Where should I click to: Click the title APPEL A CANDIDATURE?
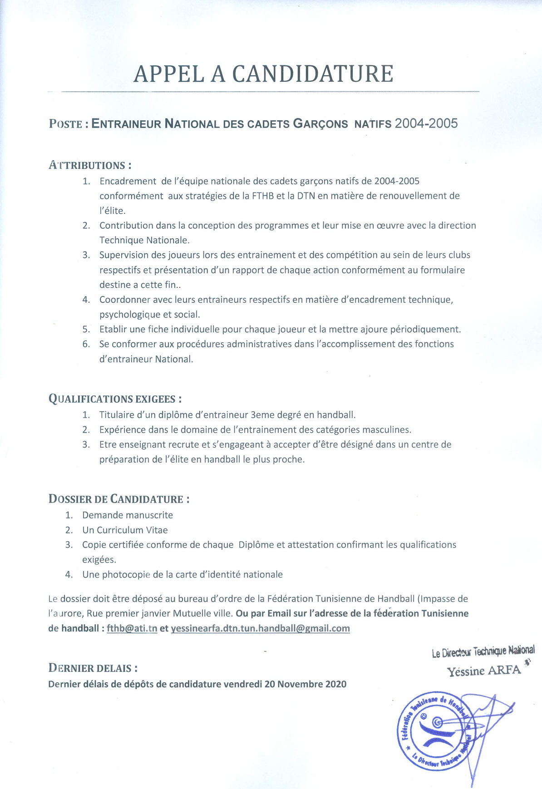click(263, 74)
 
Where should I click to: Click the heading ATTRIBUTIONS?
click(90, 165)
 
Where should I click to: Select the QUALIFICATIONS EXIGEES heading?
click(115, 399)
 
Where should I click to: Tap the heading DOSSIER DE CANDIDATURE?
click(119, 499)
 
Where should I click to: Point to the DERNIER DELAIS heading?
click(93, 668)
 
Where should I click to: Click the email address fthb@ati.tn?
click(132, 628)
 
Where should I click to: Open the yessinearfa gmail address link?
click(260, 628)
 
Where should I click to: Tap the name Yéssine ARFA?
click(483, 671)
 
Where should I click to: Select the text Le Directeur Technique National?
click(483, 652)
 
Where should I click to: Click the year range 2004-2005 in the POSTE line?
click(426, 123)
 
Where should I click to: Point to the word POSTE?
click(65, 124)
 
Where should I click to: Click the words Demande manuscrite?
click(128, 515)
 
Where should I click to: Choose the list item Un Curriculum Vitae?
click(125, 530)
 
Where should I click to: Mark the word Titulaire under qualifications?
click(117, 414)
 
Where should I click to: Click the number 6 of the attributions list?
click(85, 344)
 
